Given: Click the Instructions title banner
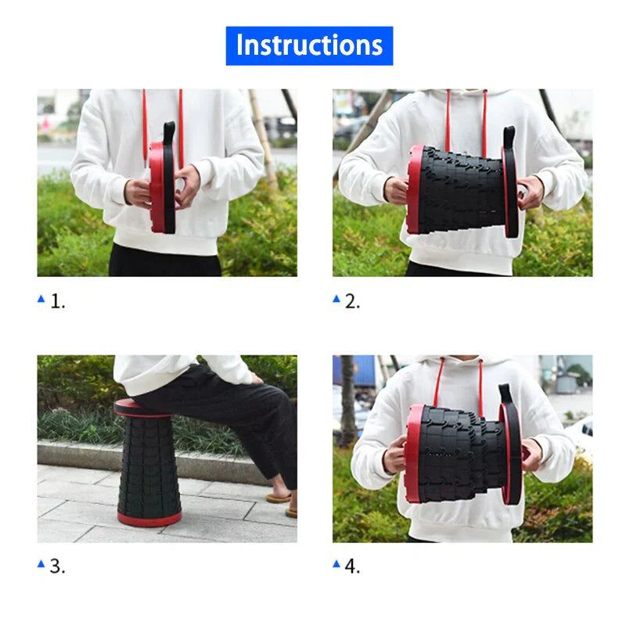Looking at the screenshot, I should pos(309,45).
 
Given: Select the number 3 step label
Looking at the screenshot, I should pos(58,567).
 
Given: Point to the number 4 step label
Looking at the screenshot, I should pos(353,567).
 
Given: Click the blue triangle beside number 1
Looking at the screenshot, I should pos(41,299).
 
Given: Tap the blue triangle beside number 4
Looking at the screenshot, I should pos(336,563).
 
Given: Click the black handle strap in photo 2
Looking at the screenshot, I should pos(509,137).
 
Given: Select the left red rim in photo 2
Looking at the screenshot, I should pos(413,189).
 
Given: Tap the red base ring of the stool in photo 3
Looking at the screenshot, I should pos(149,518).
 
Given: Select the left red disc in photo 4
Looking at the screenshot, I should pos(412,454).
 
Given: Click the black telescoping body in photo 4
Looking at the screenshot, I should pos(458,454).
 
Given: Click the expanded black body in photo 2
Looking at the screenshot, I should pos(462,190).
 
